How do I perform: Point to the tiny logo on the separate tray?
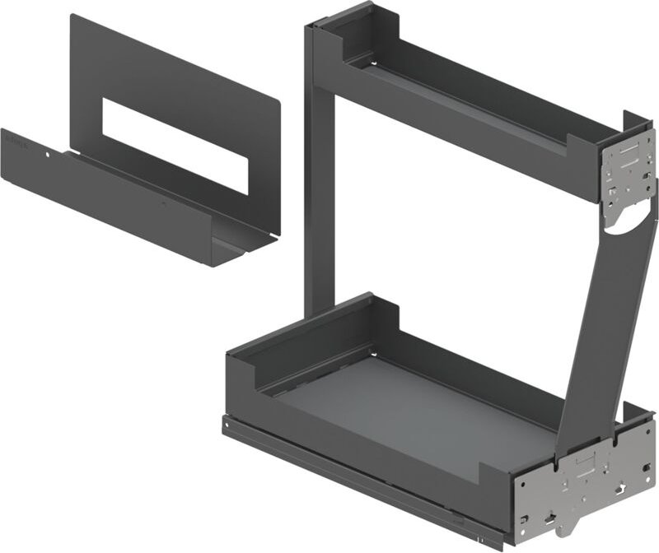16,142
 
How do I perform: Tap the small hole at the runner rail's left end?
228,425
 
